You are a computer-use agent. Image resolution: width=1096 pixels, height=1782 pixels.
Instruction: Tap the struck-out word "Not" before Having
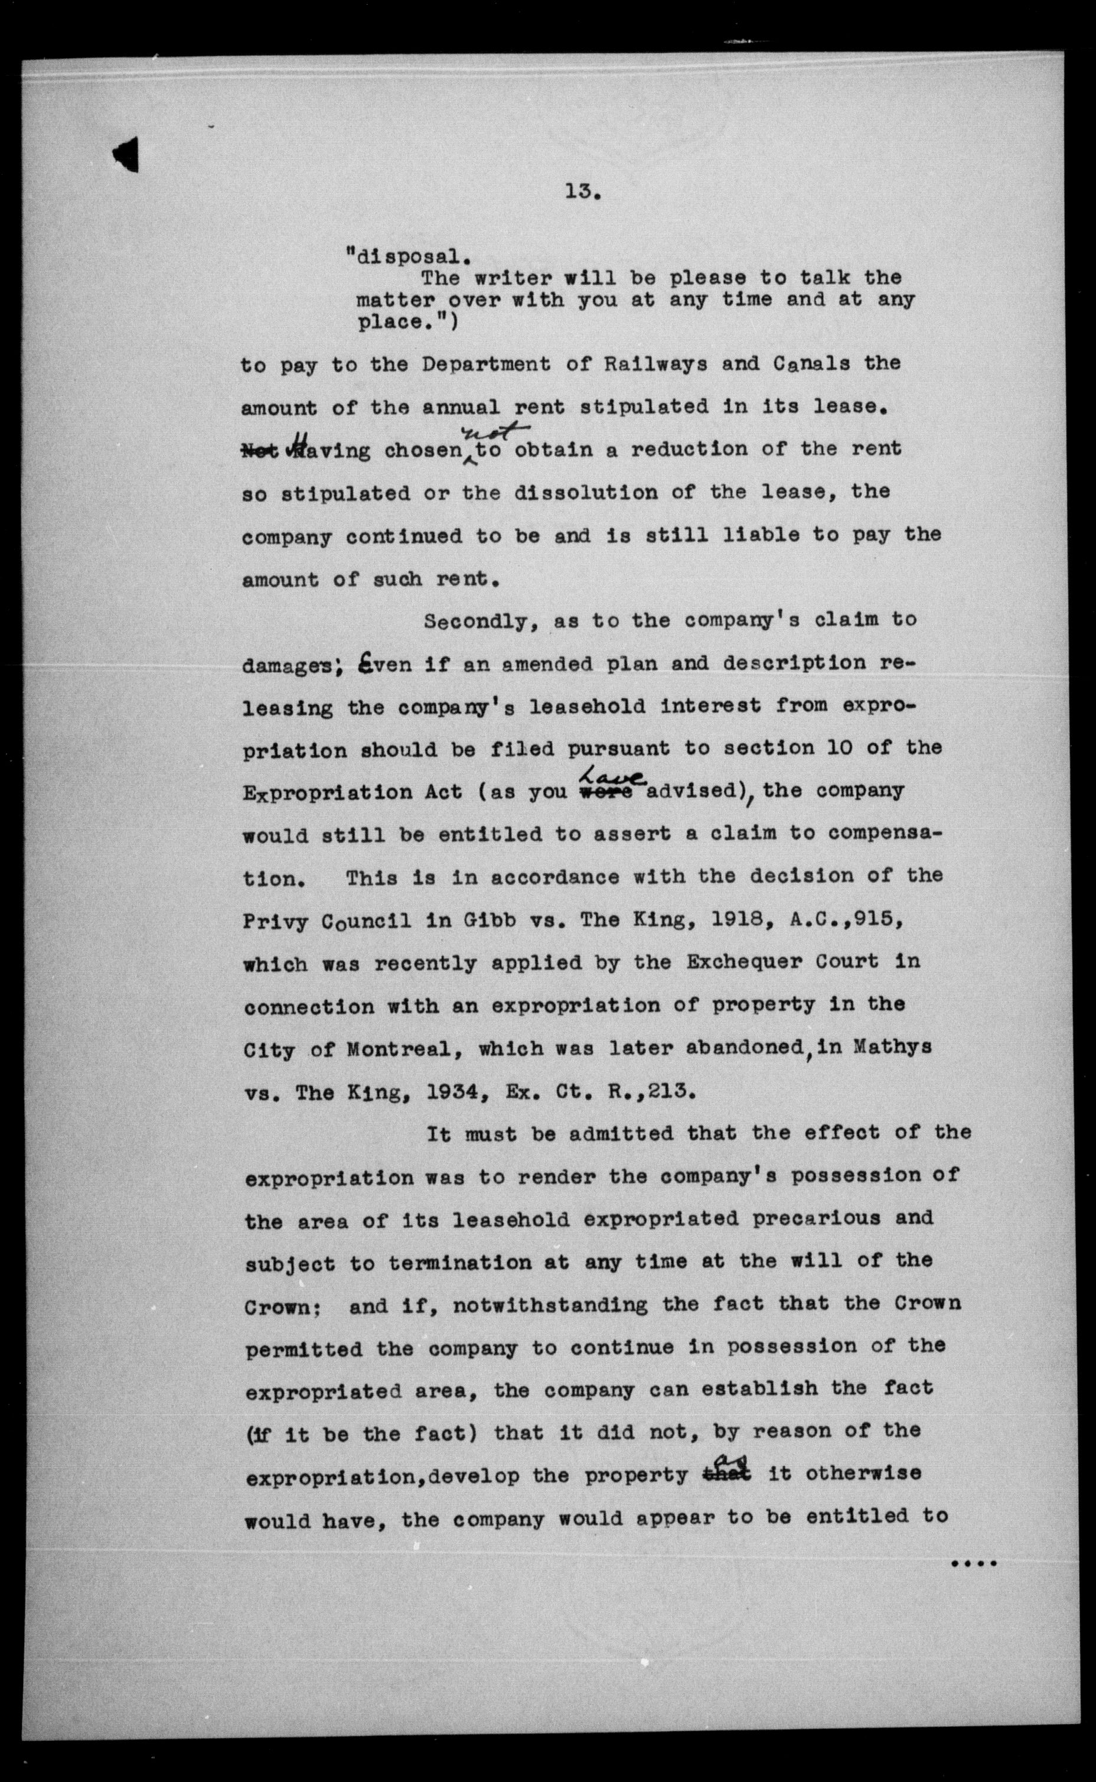click(258, 450)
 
